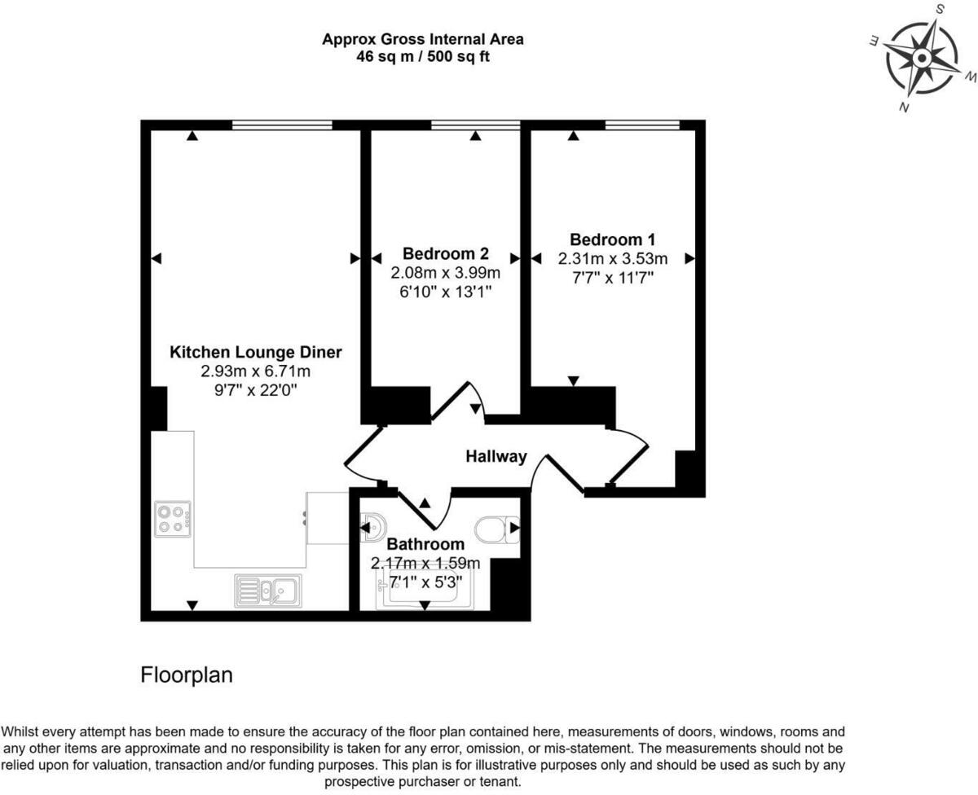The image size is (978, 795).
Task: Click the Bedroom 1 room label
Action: [x=612, y=239]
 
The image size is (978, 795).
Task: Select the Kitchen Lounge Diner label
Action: [x=256, y=353]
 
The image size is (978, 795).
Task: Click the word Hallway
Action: [x=496, y=456]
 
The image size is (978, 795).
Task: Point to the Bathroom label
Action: [x=425, y=543]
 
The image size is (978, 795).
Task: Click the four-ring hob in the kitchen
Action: [x=173, y=519]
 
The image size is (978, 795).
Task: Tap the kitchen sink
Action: [x=268, y=590]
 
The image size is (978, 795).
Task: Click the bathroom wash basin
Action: [x=375, y=528]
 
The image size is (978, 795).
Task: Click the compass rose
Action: [x=921, y=59]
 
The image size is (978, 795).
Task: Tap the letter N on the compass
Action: [x=904, y=108]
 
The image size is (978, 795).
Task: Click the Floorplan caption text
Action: [x=187, y=675]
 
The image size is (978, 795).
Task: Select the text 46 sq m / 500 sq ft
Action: [x=423, y=57]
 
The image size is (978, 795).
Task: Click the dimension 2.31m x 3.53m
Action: [x=612, y=259]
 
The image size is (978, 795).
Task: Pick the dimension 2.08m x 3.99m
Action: [x=445, y=272]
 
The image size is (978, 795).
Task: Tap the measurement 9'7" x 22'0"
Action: [x=256, y=389]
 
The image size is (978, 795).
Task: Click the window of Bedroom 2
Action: [x=475, y=125]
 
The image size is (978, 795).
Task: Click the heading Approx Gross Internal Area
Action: [x=423, y=38]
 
